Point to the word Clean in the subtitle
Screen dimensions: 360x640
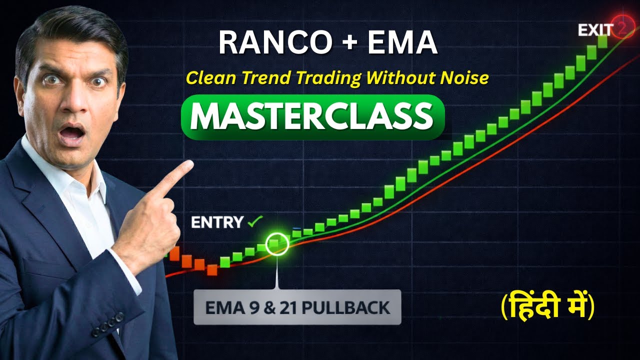tap(210, 78)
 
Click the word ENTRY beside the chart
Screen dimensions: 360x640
tap(217, 222)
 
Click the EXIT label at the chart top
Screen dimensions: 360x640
tap(595, 30)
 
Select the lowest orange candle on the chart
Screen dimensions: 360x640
tap(212, 270)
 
